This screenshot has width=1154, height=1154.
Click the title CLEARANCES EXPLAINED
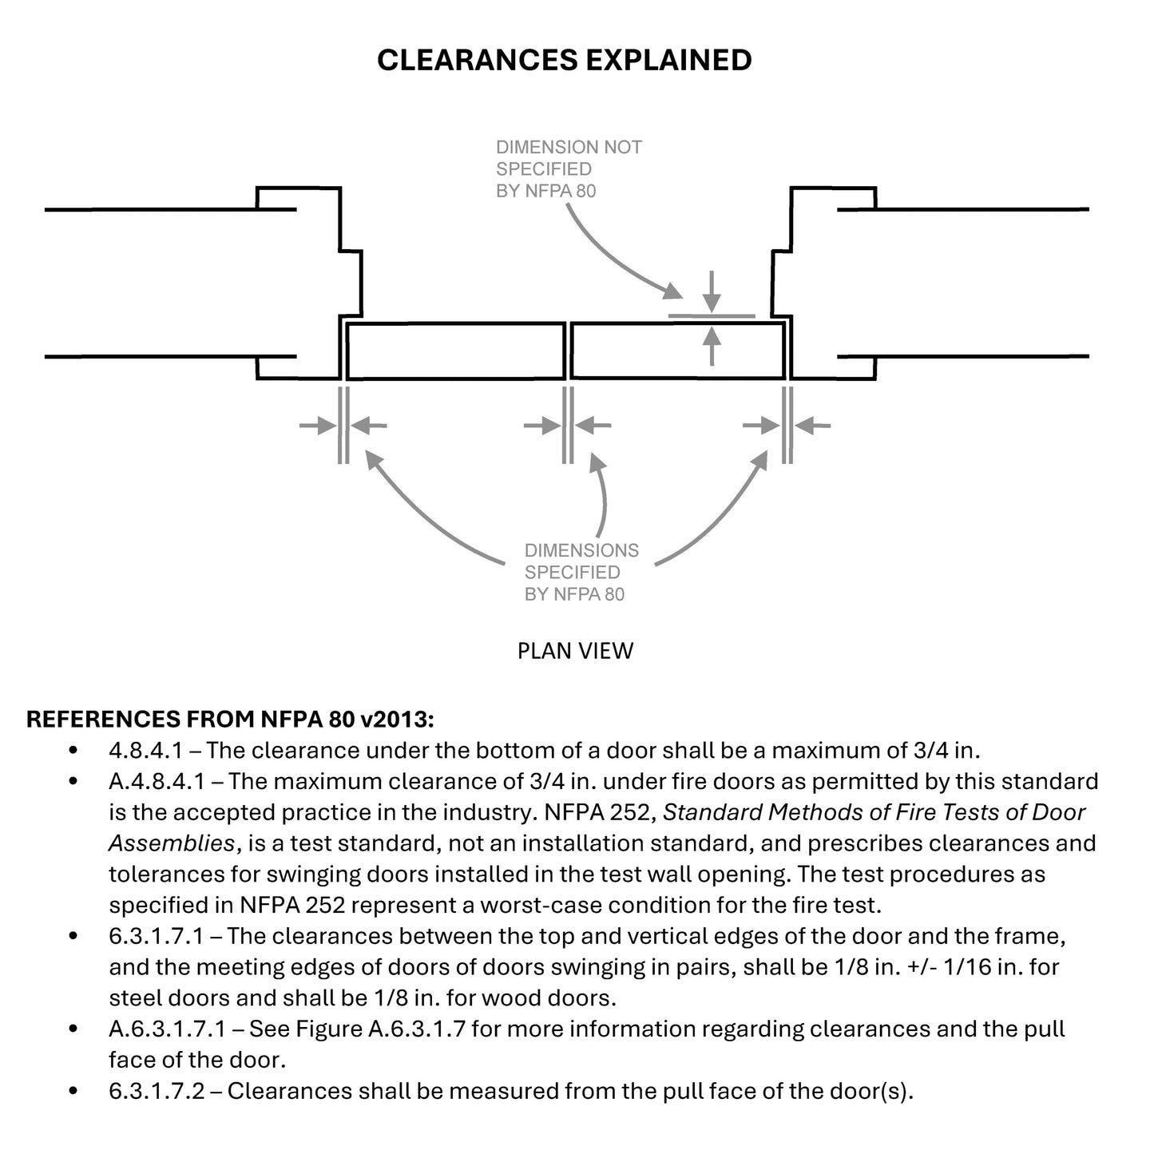click(564, 60)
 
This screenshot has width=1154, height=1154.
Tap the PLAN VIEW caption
click(575, 651)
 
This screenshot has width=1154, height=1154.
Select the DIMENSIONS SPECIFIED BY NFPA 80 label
click(581, 572)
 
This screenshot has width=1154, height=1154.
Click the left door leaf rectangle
click(456, 351)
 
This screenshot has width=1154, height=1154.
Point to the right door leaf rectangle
click(677, 351)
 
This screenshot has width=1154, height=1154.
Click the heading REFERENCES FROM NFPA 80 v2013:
click(231, 719)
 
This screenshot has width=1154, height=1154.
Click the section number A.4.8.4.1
click(157, 781)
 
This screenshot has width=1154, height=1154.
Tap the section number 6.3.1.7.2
click(157, 1091)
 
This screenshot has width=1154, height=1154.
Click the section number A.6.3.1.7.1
click(169, 1029)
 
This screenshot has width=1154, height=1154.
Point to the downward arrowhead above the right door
click(712, 303)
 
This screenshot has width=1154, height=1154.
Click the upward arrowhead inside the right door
click(712, 337)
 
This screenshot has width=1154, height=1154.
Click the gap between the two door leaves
click(568, 351)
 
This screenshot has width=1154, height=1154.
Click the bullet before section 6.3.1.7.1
click(74, 936)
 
